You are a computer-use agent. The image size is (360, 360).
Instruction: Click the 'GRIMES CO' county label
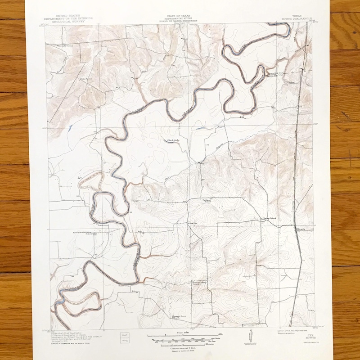pos(275,72)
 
